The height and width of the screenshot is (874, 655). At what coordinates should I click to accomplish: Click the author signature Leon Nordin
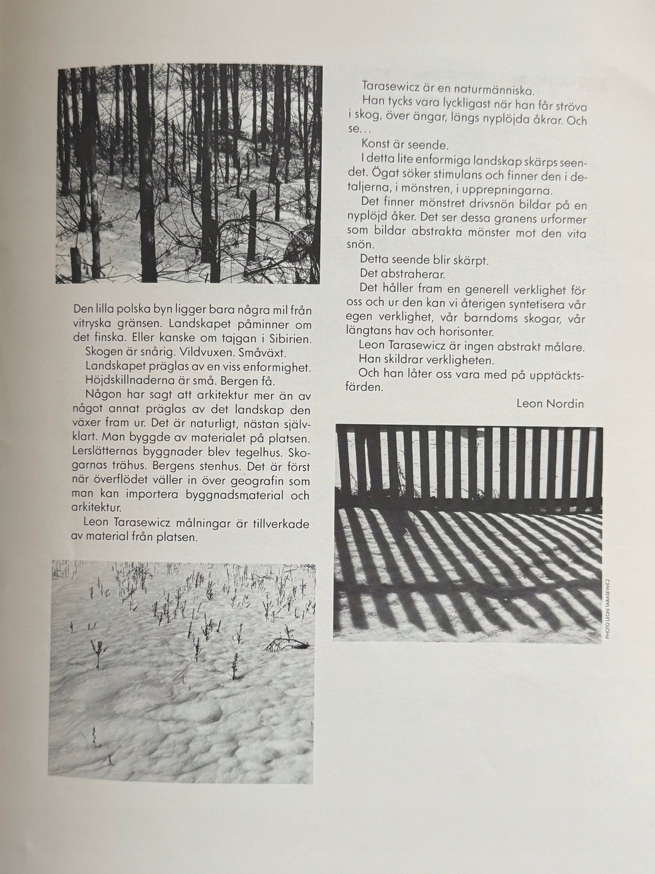click(550, 403)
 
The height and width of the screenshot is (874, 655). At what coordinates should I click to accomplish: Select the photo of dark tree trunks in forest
click(189, 174)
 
